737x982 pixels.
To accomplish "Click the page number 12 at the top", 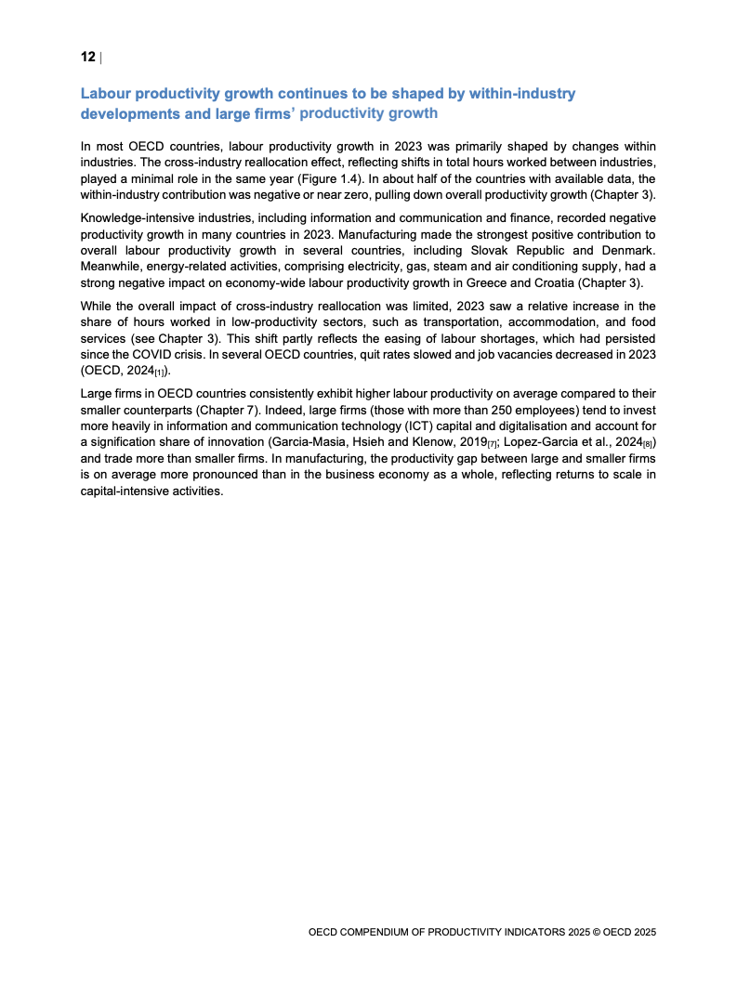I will tap(87, 58).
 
